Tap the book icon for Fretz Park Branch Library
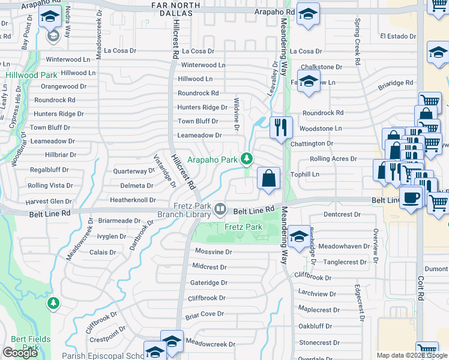(221, 209)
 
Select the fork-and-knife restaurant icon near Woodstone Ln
(280, 127)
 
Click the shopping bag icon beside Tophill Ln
(268, 178)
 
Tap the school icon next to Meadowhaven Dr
(298, 236)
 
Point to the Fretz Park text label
(243, 227)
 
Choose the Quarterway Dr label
(134, 171)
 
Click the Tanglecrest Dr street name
(345, 262)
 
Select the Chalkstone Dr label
(321, 67)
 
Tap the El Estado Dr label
(399, 37)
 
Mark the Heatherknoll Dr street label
(133, 200)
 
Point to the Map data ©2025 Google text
(411, 355)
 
